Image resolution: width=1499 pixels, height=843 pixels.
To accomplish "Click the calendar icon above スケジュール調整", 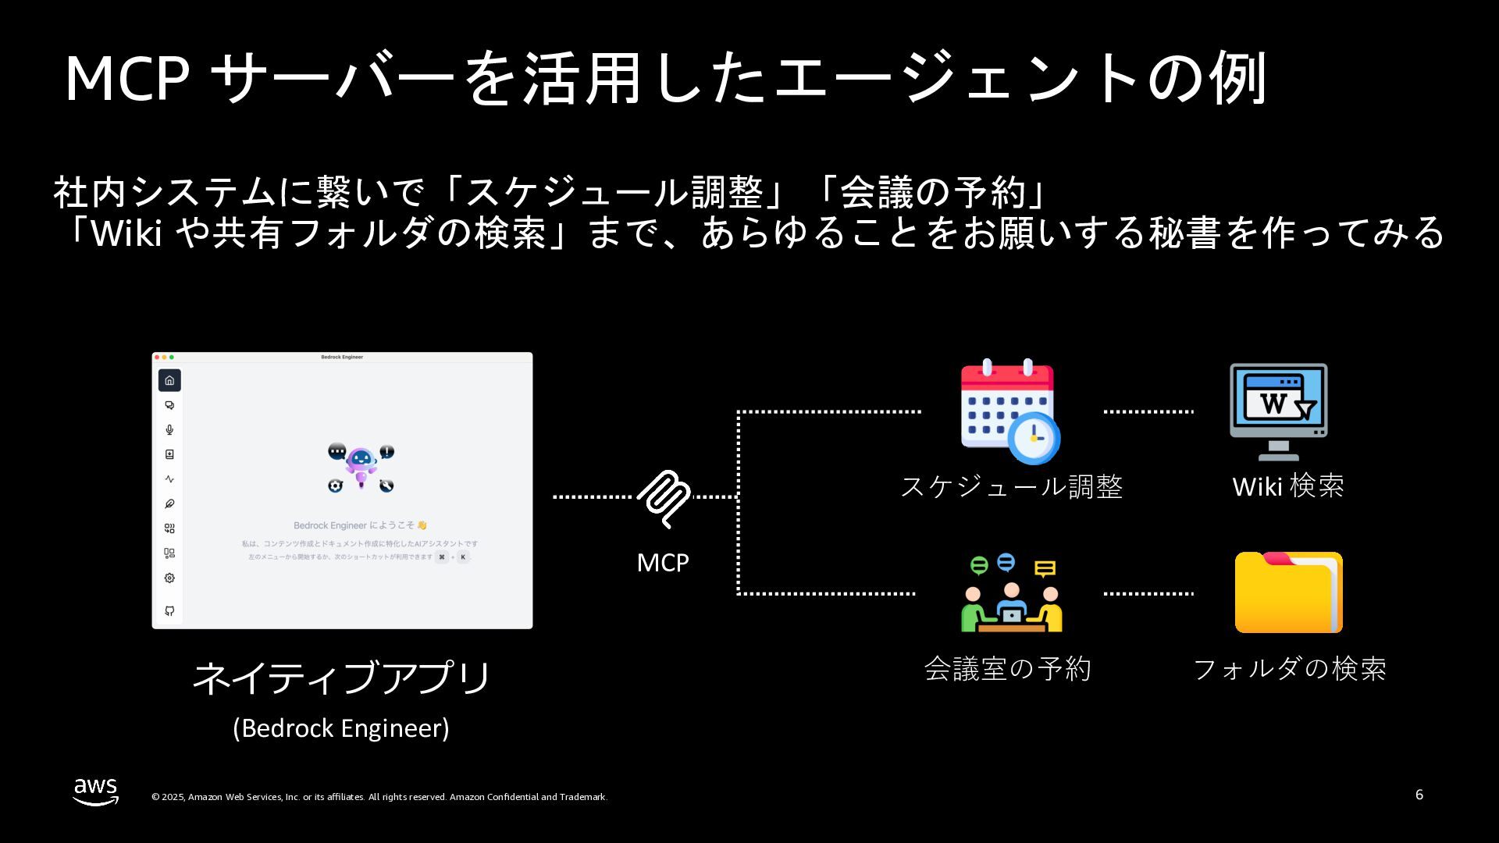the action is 1008,411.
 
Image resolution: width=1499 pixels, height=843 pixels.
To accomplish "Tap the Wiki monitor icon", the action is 1278,411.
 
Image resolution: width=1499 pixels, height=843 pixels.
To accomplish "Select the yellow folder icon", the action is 1288,592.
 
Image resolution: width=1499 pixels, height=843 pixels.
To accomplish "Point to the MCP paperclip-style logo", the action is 664,498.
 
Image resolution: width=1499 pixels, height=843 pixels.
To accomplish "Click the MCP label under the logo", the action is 663,562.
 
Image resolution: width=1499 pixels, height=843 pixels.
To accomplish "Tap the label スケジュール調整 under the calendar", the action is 1012,486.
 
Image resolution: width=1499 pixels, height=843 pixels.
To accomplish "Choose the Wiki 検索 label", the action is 1288,486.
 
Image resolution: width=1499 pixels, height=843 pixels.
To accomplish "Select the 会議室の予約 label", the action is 1007,668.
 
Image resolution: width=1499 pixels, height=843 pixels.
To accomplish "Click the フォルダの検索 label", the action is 1290,668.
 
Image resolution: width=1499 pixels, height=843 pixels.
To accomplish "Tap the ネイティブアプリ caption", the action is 341,677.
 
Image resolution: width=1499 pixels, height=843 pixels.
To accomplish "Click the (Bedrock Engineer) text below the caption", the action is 341,727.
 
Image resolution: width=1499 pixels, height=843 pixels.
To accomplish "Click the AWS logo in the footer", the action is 96,791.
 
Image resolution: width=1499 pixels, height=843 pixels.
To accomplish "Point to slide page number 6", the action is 1419,795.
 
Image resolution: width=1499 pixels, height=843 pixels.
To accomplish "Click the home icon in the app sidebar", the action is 169,380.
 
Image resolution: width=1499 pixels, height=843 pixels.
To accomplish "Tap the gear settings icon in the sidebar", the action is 169,578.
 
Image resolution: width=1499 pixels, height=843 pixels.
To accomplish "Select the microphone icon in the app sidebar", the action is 169,429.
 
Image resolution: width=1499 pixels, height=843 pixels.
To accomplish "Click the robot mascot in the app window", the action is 361,465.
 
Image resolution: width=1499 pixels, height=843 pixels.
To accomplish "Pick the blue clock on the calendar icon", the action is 1034,438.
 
